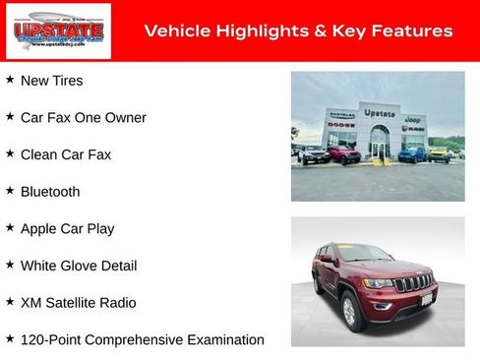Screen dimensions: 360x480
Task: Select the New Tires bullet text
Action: [x=51, y=81]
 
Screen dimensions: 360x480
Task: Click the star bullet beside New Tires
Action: [x=10, y=80]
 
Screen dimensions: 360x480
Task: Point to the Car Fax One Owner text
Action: [x=83, y=118]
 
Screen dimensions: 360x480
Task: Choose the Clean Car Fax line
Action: [x=65, y=154]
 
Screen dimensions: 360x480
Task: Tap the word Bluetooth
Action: [x=49, y=192]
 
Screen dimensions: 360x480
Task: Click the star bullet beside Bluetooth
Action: [x=10, y=191]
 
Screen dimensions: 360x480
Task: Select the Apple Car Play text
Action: [x=67, y=229]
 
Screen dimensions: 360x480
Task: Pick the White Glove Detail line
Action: [x=78, y=266]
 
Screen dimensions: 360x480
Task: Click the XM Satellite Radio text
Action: [x=78, y=303]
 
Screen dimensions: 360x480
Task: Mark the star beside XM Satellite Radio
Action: [x=10, y=302]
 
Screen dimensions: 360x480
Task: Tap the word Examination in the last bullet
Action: [x=225, y=340]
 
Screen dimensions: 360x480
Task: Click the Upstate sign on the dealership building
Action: [x=379, y=113]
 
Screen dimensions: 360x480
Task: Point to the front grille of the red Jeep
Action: [x=413, y=284]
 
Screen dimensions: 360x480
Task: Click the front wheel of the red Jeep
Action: [x=349, y=313]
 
